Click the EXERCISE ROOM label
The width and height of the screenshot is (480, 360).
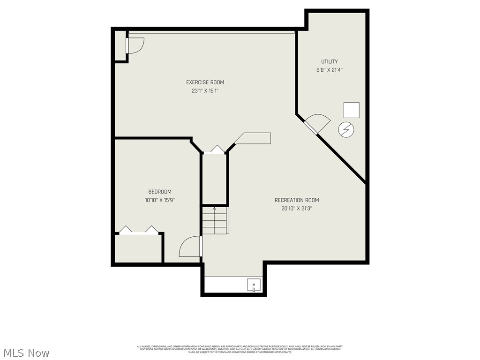(x=205, y=82)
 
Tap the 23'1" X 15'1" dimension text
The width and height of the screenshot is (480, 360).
(x=205, y=91)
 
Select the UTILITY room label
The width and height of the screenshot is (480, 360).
(x=329, y=61)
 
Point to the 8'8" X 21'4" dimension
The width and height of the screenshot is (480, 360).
(x=329, y=70)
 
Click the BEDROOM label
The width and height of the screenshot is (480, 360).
(x=160, y=192)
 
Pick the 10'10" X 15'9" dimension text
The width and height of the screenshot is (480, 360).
(x=160, y=200)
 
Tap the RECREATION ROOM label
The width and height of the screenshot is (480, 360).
(x=297, y=200)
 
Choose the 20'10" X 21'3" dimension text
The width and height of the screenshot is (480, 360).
(x=297, y=209)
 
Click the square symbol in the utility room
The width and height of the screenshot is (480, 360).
(x=352, y=110)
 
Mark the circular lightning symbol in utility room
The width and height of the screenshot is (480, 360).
(x=346, y=129)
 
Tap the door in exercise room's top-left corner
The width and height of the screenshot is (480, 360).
(x=135, y=45)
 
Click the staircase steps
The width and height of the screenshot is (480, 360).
(x=215, y=221)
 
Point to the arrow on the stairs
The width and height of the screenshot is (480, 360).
(x=215, y=209)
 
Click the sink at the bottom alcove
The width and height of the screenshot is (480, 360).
(x=254, y=285)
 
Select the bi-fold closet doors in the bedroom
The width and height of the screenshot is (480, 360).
(x=139, y=230)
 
